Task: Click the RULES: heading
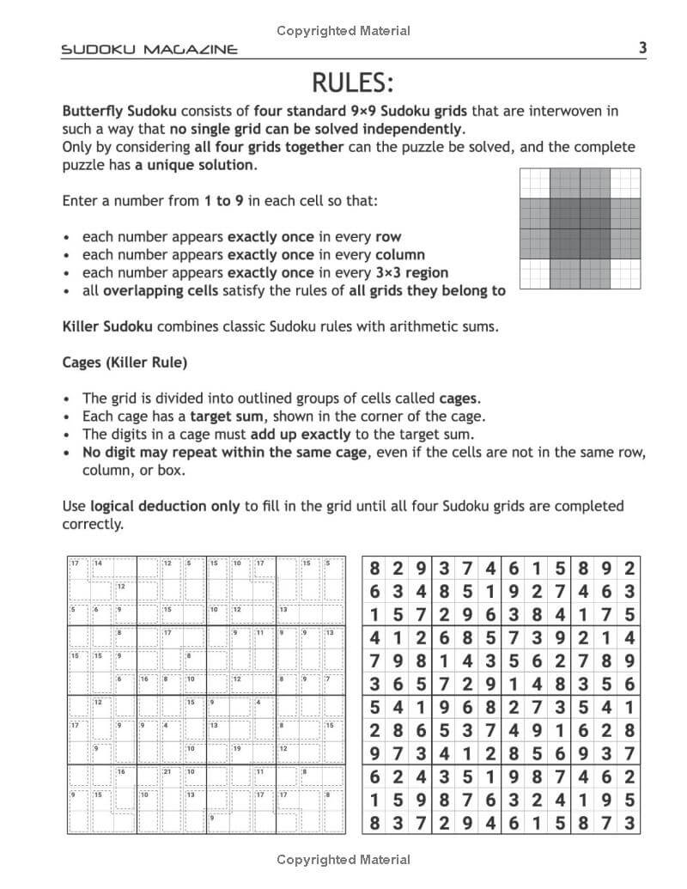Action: click(x=352, y=83)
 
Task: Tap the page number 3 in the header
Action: click(x=643, y=48)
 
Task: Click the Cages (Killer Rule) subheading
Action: click(x=125, y=362)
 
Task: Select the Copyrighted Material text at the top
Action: click(x=343, y=31)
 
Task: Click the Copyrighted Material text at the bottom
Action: click(x=343, y=860)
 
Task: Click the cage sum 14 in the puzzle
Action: click(x=98, y=563)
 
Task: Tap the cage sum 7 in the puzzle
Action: click(x=327, y=679)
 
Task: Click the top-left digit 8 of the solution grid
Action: click(x=374, y=569)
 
